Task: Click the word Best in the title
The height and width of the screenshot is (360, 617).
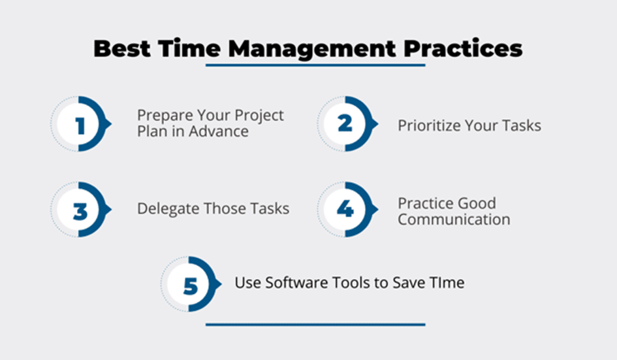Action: [122, 49]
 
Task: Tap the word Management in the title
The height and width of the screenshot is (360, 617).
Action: [312, 50]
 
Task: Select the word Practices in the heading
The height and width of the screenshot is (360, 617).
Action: [463, 49]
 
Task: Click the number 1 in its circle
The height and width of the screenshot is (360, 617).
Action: [81, 125]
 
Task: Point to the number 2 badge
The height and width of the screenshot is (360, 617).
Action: [345, 123]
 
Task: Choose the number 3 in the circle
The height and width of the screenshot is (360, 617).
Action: [80, 212]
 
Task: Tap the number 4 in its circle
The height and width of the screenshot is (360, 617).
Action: [345, 209]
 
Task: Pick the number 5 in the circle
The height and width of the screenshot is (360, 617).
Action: [191, 286]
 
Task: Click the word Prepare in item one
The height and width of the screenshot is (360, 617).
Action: [165, 116]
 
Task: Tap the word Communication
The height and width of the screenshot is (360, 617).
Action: [454, 220]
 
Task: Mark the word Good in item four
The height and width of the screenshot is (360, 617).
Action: [477, 203]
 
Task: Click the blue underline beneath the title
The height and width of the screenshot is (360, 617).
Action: [315, 65]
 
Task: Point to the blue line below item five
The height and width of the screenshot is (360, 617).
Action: [315, 325]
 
